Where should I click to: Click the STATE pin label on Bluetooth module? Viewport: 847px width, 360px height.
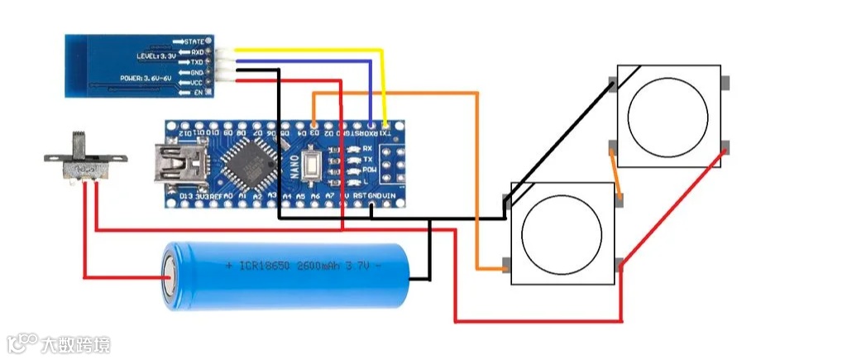coord(194,40)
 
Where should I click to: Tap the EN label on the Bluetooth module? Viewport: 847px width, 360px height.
coord(198,92)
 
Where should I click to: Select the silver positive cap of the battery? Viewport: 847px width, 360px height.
coord(169,276)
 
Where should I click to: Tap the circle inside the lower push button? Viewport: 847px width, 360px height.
coord(562,232)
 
